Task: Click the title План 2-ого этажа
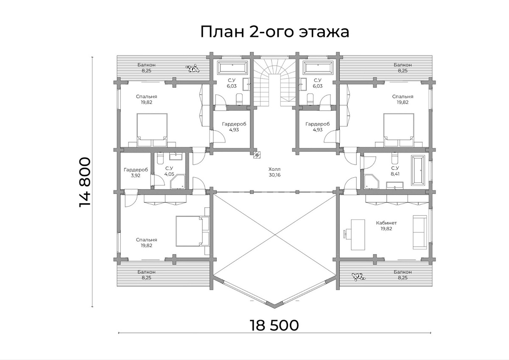tap(274, 32)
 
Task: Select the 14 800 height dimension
tap(85, 182)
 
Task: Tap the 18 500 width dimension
tap(274, 325)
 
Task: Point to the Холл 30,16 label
tap(274, 171)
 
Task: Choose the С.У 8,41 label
tap(395, 170)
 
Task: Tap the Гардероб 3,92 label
tap(136, 172)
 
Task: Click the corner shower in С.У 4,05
tap(178, 181)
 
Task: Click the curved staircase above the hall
tap(274, 81)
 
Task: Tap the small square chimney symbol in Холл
tap(256, 155)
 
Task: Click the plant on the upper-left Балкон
tap(194, 68)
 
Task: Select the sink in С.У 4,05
tap(176, 157)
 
